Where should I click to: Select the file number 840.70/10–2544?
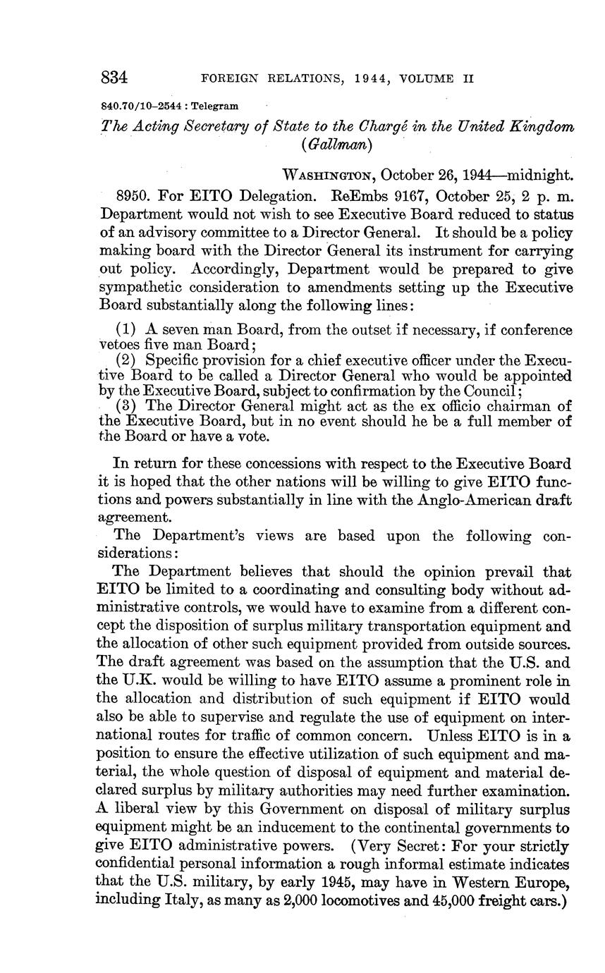point(141,106)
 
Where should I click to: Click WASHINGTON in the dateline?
point(327,175)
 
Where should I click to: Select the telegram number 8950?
point(132,195)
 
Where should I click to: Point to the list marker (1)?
point(127,330)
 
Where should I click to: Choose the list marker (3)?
point(127,406)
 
